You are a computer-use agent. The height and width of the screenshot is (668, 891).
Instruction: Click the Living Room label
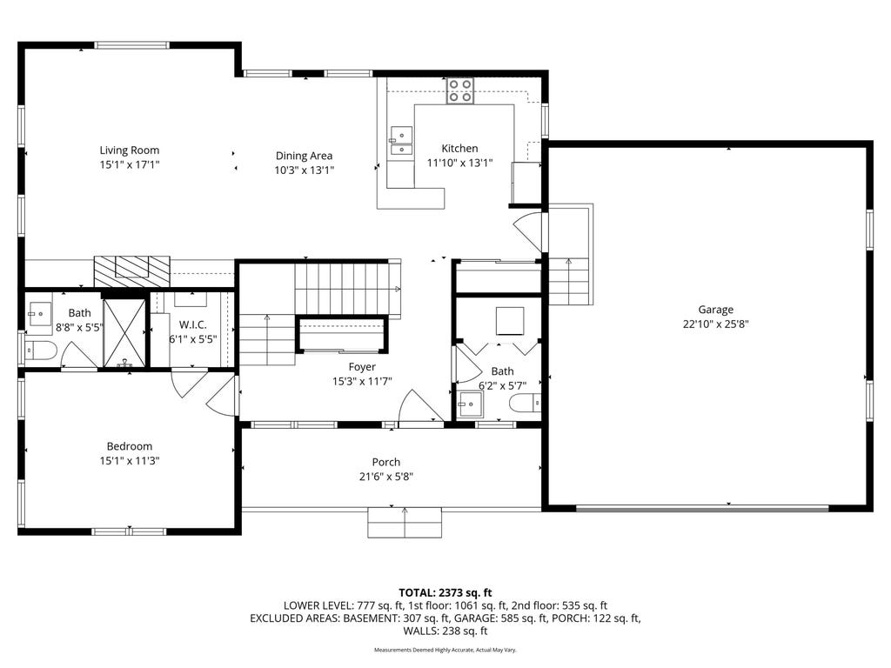130,150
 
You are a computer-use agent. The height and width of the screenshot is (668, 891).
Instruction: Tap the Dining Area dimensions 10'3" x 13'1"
304,170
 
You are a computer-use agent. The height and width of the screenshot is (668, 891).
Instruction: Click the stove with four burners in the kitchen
459,90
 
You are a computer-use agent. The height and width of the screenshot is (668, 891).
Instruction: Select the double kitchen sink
400,141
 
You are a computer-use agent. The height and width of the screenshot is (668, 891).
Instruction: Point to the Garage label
715,310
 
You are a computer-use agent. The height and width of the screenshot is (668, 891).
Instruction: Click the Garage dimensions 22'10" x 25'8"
715,324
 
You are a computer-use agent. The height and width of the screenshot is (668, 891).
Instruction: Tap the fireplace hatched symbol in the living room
132,271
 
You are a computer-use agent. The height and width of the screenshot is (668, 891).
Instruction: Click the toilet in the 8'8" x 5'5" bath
41,351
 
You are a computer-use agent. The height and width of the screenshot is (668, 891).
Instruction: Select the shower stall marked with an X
125,332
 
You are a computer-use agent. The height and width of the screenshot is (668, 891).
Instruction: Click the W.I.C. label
192,325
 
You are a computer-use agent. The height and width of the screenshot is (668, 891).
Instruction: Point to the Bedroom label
130,446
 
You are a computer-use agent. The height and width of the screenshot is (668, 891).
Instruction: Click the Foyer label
362,367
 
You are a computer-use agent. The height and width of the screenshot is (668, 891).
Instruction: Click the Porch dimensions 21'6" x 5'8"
385,478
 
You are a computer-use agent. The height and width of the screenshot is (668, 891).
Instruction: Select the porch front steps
405,523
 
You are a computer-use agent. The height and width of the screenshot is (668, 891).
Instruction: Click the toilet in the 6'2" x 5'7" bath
525,404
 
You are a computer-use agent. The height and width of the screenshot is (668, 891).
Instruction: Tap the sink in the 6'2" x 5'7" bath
471,404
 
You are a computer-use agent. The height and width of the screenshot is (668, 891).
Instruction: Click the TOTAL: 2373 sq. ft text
445,593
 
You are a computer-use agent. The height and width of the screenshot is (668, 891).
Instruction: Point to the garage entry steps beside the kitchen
570,281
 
